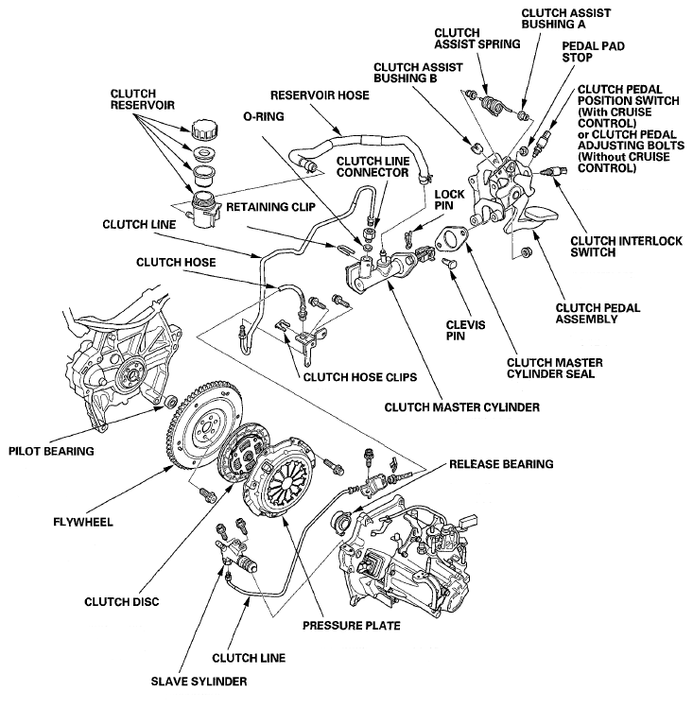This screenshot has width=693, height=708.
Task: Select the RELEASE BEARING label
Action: (x=501, y=464)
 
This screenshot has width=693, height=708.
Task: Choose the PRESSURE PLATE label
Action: (x=351, y=625)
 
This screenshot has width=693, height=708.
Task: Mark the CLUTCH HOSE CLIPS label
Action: (x=359, y=376)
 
